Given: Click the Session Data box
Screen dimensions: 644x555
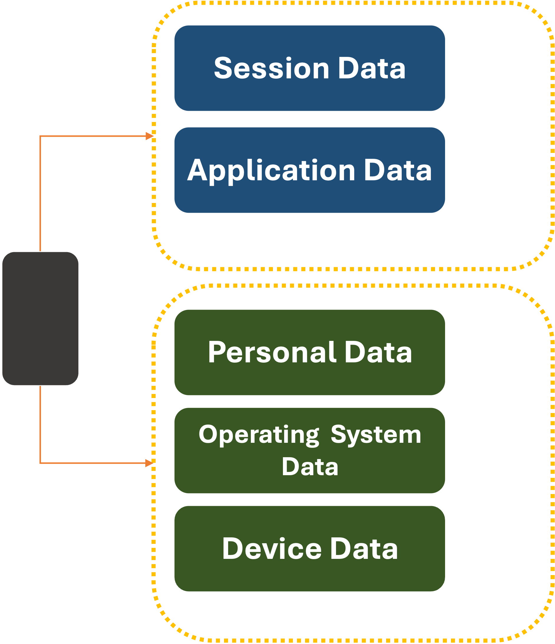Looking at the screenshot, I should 309,68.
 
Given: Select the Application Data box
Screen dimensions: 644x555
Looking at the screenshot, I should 309,170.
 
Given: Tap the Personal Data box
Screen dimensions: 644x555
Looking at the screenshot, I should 309,352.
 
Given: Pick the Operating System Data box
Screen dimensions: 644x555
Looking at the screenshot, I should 309,451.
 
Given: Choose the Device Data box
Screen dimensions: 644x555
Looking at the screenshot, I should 309,549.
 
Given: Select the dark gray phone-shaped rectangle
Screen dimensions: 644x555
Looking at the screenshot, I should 40,318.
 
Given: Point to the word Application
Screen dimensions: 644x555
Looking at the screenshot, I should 271,170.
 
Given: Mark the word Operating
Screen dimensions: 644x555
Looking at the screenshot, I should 259,435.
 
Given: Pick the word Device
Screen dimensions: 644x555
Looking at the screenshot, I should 272,549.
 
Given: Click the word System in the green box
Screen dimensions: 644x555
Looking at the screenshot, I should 376,435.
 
